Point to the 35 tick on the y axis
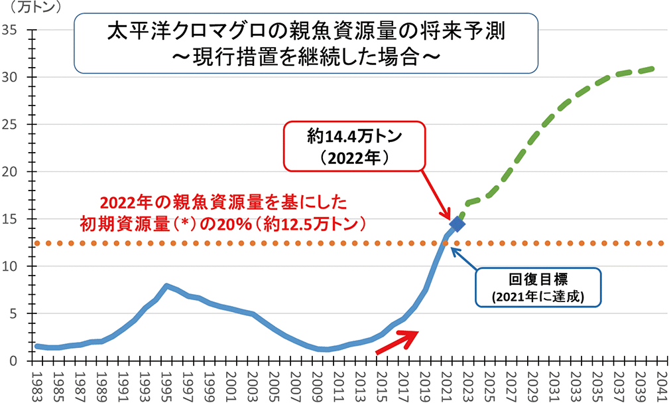coord(13,30)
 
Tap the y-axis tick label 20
coord(13,172)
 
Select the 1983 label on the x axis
coord(38,384)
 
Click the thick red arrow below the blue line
coord(398,341)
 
